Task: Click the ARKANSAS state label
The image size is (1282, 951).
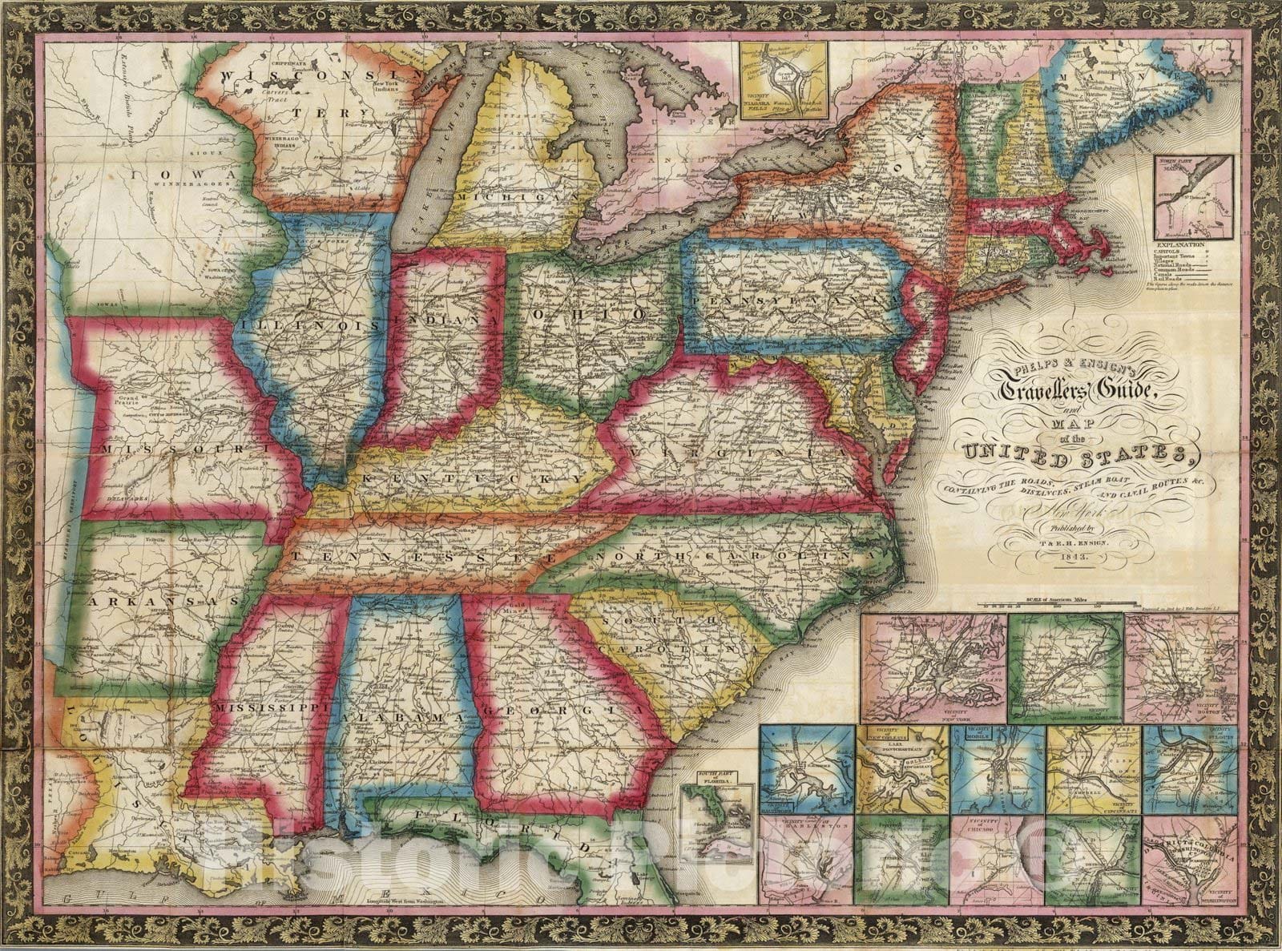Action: pyautogui.click(x=163, y=600)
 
